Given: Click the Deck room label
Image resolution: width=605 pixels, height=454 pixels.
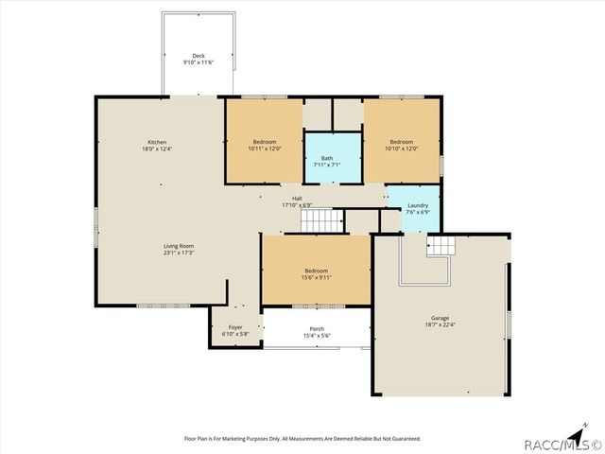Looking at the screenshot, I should click(x=199, y=56).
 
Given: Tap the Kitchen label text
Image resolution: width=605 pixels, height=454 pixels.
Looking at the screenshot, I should click(x=156, y=143).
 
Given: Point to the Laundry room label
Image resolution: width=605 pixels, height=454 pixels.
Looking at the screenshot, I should click(x=418, y=205).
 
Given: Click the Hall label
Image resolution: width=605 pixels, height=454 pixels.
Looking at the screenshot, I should click(x=296, y=198).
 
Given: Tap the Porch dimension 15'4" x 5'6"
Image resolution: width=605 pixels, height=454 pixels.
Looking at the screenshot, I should click(x=317, y=336).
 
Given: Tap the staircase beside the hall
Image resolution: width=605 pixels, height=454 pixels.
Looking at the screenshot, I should click(x=322, y=222).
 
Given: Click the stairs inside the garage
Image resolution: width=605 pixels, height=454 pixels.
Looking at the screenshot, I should click(x=441, y=247).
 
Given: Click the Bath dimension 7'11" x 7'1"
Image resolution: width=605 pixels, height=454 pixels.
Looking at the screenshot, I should click(x=326, y=165).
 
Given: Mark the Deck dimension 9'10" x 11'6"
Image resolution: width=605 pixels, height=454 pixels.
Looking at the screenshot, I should click(x=199, y=62).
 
